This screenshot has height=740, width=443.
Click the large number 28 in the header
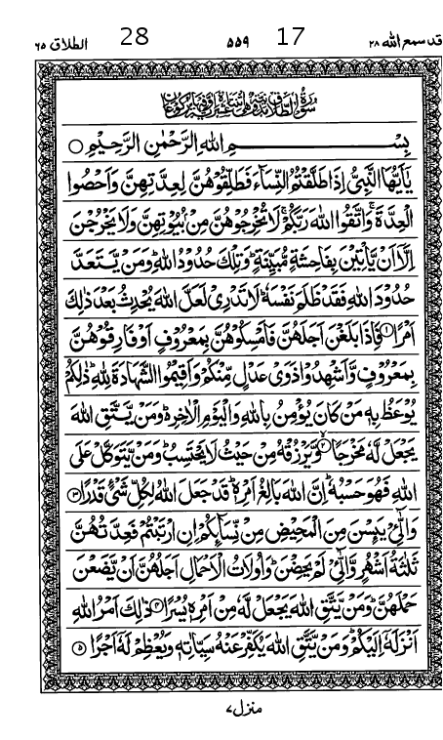click(x=135, y=37)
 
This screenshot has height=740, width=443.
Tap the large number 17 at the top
click(x=291, y=37)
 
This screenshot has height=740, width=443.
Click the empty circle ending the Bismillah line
click(x=78, y=147)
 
